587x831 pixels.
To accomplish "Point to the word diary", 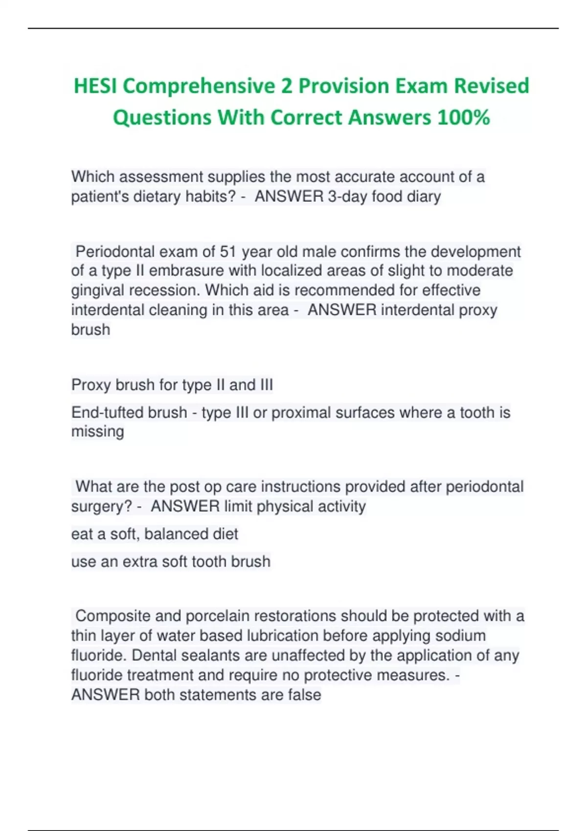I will coord(424,197).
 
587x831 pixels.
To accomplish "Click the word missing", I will coord(97,432).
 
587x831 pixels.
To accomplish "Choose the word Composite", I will coord(112,616).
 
